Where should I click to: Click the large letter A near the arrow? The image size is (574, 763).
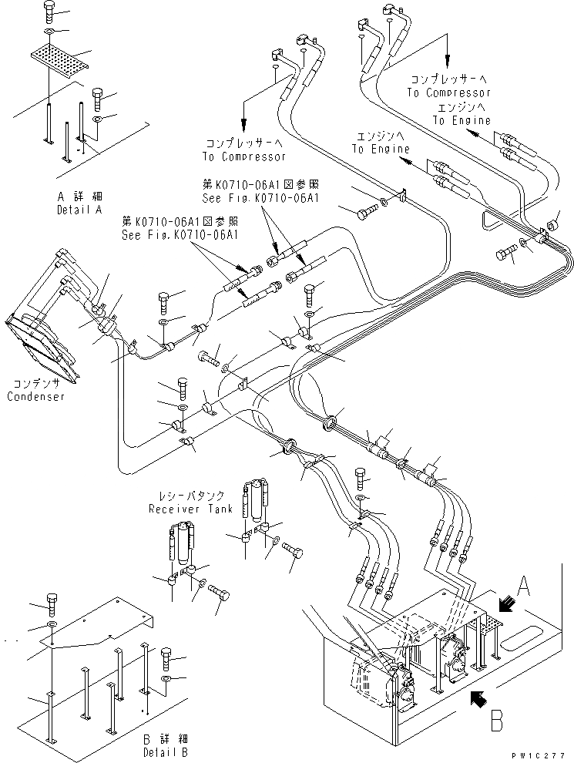pos(522,590)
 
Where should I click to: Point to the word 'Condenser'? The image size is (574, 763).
pos(35,396)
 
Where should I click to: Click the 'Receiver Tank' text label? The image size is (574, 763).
pos(186,509)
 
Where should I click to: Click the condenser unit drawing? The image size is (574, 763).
pos(42,347)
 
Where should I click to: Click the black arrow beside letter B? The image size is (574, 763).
pos(476,699)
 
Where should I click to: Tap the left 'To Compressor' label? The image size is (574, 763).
pos(243,156)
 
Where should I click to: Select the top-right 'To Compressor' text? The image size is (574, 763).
pos(448,92)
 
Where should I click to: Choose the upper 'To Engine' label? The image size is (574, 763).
pos(461,121)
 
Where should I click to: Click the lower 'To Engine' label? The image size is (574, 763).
pos(381,149)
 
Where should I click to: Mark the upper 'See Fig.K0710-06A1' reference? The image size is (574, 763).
pos(260,197)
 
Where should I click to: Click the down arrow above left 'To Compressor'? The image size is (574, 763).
pos(243,116)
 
